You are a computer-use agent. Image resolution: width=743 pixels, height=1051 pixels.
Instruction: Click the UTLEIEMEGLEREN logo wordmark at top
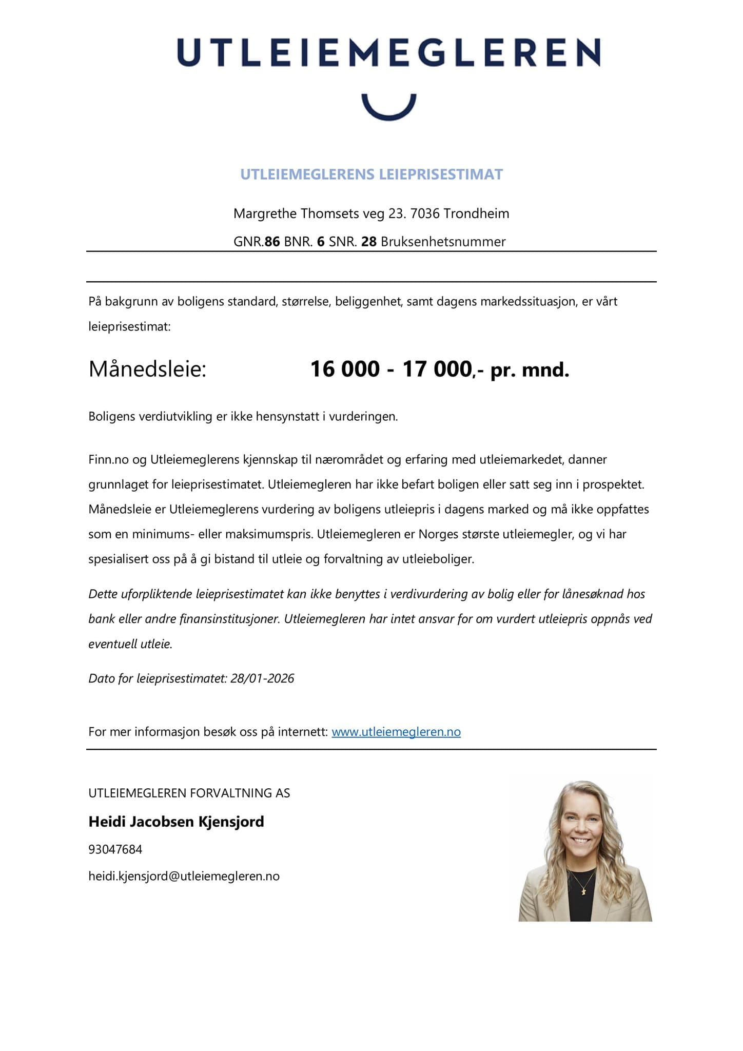tap(388, 52)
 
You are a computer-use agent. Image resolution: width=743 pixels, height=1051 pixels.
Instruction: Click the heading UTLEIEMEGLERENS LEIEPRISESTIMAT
tap(371, 174)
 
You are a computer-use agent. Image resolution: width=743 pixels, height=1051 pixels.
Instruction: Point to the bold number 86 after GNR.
tap(272, 242)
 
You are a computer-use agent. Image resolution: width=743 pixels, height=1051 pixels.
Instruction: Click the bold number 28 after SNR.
tap(368, 242)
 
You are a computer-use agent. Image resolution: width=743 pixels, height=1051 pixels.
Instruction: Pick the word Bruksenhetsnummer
tap(443, 242)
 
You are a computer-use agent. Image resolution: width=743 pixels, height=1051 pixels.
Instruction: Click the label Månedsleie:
tap(147, 369)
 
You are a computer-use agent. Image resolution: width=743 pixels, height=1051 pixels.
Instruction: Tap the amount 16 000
tap(345, 369)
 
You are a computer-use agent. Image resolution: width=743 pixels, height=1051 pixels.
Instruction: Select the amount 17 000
tap(436, 369)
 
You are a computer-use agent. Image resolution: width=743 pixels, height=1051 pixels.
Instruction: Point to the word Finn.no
tap(108, 459)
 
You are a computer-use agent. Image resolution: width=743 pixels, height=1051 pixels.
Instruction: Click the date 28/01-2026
tap(262, 678)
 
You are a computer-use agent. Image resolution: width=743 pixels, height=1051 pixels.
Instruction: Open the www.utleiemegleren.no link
tap(396, 732)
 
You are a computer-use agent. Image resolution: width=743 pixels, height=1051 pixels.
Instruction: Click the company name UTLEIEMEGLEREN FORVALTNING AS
tap(189, 793)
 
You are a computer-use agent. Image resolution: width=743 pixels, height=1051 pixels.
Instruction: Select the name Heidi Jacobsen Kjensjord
tap(176, 822)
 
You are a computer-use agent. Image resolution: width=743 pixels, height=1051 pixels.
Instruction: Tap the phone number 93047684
tap(115, 849)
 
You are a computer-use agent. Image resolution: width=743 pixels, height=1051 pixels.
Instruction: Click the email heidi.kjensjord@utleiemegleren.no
tap(184, 876)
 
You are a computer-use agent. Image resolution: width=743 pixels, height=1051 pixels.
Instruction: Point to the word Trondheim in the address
tap(476, 213)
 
